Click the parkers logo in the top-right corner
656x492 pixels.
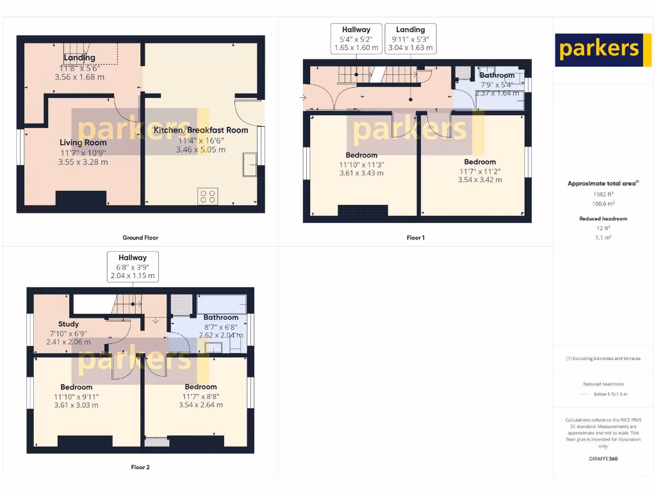coord(599,50)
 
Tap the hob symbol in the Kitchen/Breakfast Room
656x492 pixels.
coord(208,196)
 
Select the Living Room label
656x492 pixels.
coord(83,142)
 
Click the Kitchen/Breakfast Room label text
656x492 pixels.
coord(201,129)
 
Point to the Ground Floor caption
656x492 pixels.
coord(140,238)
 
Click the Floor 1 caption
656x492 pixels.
coord(415,238)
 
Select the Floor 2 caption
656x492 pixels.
coord(140,467)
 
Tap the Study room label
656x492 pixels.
coord(69,324)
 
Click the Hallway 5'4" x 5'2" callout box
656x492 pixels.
coord(356,38)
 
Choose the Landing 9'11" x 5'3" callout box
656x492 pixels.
coord(410,38)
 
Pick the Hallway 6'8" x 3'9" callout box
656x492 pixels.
coord(133,266)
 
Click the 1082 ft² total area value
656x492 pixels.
coord(603,193)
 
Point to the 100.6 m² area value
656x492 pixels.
coord(603,203)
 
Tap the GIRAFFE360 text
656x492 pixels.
coord(603,459)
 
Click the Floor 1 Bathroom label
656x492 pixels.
coord(496,75)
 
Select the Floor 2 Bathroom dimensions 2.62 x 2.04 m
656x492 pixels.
coord(221,335)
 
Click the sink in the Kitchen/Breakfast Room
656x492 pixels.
coord(250,164)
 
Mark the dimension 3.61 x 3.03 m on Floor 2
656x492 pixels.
coord(76,405)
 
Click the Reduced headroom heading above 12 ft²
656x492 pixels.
coord(603,218)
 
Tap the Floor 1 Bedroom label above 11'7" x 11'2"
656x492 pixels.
coord(480,162)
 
